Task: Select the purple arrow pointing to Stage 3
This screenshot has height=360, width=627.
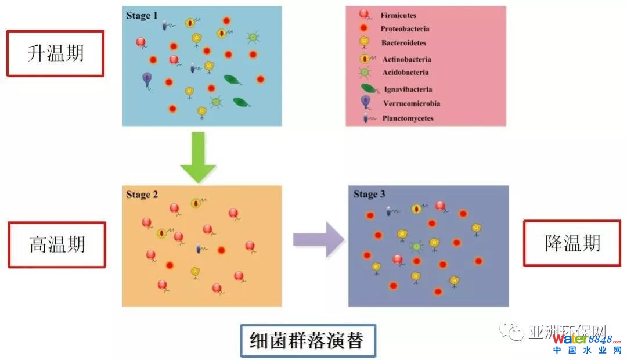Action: point(319,239)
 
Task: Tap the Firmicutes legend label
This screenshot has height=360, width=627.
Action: point(398,15)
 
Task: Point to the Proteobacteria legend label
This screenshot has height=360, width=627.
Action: point(405,29)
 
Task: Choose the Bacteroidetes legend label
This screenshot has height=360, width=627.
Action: point(403,43)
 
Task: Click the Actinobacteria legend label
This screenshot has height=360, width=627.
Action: point(406,59)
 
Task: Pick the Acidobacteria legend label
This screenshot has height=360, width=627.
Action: point(405,73)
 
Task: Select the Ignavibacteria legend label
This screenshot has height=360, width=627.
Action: point(408,89)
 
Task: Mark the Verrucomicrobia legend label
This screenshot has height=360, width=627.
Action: point(411,104)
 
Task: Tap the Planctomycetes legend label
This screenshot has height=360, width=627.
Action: point(408,118)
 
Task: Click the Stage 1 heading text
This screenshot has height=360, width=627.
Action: point(142,15)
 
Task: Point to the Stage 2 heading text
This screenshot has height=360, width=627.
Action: point(142,195)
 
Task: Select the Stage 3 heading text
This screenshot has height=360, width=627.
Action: point(369,194)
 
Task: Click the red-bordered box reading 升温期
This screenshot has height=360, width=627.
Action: point(55,53)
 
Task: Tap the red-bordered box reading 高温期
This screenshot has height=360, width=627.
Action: point(57,244)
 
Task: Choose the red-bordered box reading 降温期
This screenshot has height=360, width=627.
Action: point(572,243)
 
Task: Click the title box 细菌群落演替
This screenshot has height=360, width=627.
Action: point(308,340)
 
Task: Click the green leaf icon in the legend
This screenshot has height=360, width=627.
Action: point(369,89)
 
